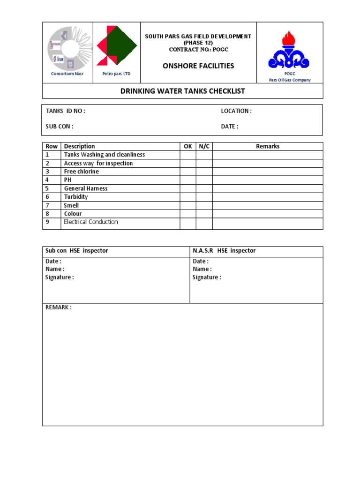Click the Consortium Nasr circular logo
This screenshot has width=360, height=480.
click(x=68, y=48)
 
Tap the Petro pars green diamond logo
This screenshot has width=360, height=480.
click(x=117, y=46)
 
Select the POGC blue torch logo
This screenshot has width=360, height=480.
click(x=289, y=50)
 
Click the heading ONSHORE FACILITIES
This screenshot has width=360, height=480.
click(x=198, y=66)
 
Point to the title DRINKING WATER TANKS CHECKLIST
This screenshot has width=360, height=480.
click(x=183, y=91)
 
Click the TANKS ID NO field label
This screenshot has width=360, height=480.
click(x=66, y=111)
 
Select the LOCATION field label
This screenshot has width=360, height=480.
click(x=236, y=111)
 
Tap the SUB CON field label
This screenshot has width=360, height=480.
click(x=60, y=127)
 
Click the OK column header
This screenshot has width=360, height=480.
click(x=188, y=146)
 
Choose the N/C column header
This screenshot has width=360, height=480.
click(x=204, y=146)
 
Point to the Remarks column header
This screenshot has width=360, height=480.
click(x=268, y=146)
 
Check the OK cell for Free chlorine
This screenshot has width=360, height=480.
click(x=188, y=172)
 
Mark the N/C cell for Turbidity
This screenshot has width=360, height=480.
click(x=204, y=197)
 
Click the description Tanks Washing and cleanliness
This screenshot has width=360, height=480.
click(x=105, y=155)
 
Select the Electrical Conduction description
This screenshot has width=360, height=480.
click(x=91, y=222)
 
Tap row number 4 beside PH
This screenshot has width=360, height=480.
click(x=47, y=180)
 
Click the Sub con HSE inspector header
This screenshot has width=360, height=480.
click(x=77, y=251)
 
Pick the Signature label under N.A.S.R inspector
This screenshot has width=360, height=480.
click(x=207, y=277)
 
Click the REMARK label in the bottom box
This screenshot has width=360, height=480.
click(x=59, y=307)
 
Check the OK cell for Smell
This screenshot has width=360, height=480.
click(x=188, y=205)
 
